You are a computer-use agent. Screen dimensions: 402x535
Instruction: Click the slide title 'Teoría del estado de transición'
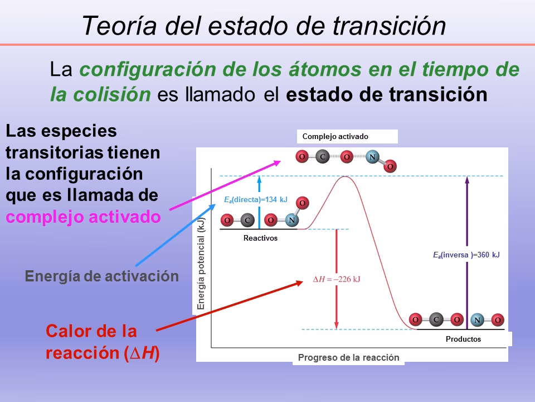coord(264,26)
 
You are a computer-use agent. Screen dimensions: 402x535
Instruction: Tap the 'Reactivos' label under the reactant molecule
coord(260,238)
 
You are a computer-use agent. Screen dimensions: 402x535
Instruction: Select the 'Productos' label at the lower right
coord(463,339)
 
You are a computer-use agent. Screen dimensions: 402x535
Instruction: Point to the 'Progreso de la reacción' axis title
coord(348,358)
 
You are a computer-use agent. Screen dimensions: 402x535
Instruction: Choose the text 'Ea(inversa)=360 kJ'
coord(466,255)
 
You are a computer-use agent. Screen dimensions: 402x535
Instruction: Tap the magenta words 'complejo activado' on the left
coord(84,217)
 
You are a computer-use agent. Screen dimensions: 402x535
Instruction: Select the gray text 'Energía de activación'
coord(102,276)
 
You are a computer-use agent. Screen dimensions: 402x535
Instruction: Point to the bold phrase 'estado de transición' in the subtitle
coord(387,94)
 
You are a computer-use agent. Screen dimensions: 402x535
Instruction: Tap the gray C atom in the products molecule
coord(436,320)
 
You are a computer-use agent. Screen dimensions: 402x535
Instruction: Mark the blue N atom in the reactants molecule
coord(291,220)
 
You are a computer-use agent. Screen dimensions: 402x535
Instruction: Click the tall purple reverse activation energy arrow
coord(466,251)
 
